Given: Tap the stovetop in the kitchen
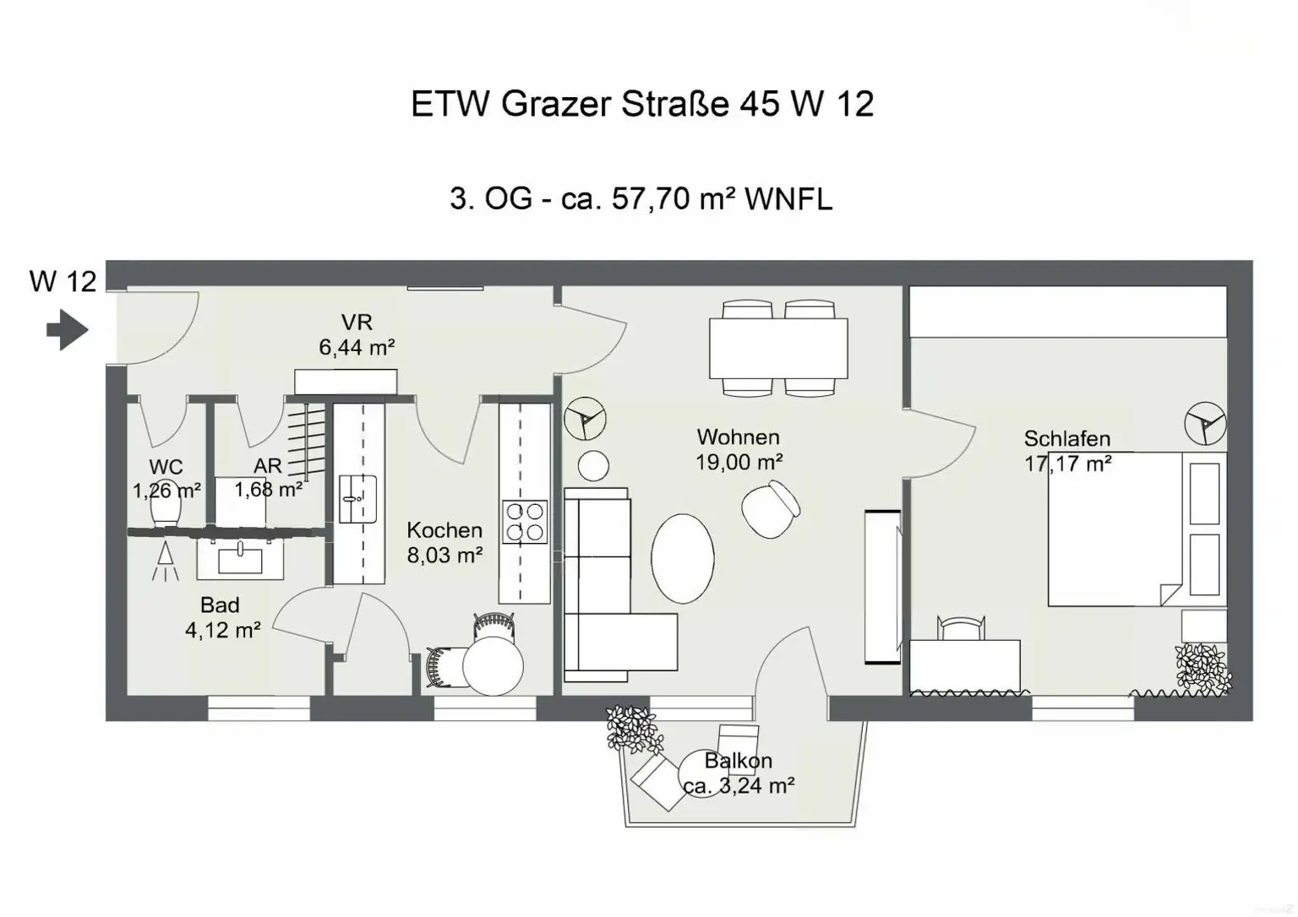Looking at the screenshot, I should tap(525, 521).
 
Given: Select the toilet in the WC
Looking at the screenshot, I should tap(166, 509).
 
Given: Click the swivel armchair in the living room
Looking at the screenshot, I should tap(771, 508).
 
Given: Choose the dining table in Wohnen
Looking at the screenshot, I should tap(777, 348).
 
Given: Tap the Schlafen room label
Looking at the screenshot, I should tap(1066, 439).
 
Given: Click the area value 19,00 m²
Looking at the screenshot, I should tap(739, 462).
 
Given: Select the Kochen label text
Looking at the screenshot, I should tap(444, 530).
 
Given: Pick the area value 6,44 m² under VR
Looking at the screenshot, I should tap(357, 347).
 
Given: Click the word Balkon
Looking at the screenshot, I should tap(738, 761).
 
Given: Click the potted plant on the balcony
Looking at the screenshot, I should tap(632, 728).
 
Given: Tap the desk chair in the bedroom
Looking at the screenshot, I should tap(962, 629).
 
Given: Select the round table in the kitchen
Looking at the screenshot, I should tap(493, 664).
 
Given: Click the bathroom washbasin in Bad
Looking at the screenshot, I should tap(240, 558).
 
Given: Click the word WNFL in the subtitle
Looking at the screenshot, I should tap(788, 199).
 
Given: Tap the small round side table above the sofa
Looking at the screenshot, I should tap(594, 465).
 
